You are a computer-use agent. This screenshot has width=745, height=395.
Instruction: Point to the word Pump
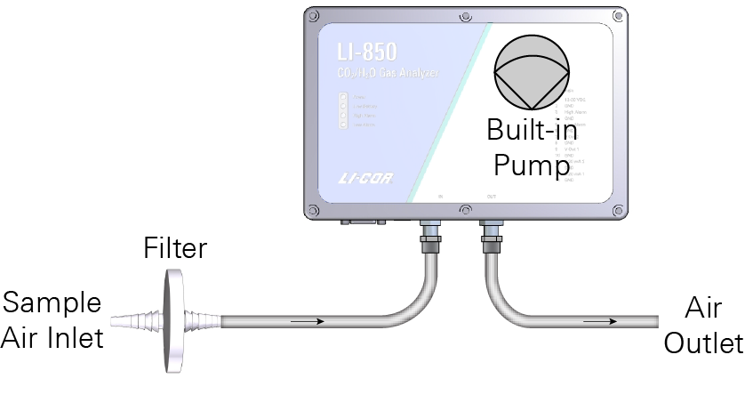click(532, 165)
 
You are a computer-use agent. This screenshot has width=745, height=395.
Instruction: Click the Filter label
click(175, 248)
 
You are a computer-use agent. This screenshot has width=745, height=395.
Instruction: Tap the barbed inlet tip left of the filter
click(132, 318)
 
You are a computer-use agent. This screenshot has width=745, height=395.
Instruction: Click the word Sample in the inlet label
click(52, 303)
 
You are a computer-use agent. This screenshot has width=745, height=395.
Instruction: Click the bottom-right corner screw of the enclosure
click(619, 210)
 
